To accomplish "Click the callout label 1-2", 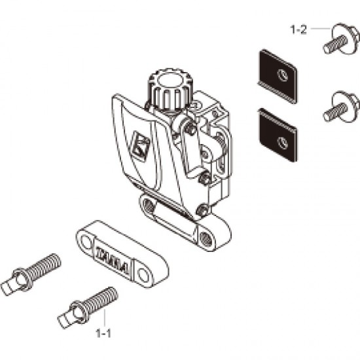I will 298,29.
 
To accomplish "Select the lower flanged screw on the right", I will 335,109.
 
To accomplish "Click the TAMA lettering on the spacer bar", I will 115,256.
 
